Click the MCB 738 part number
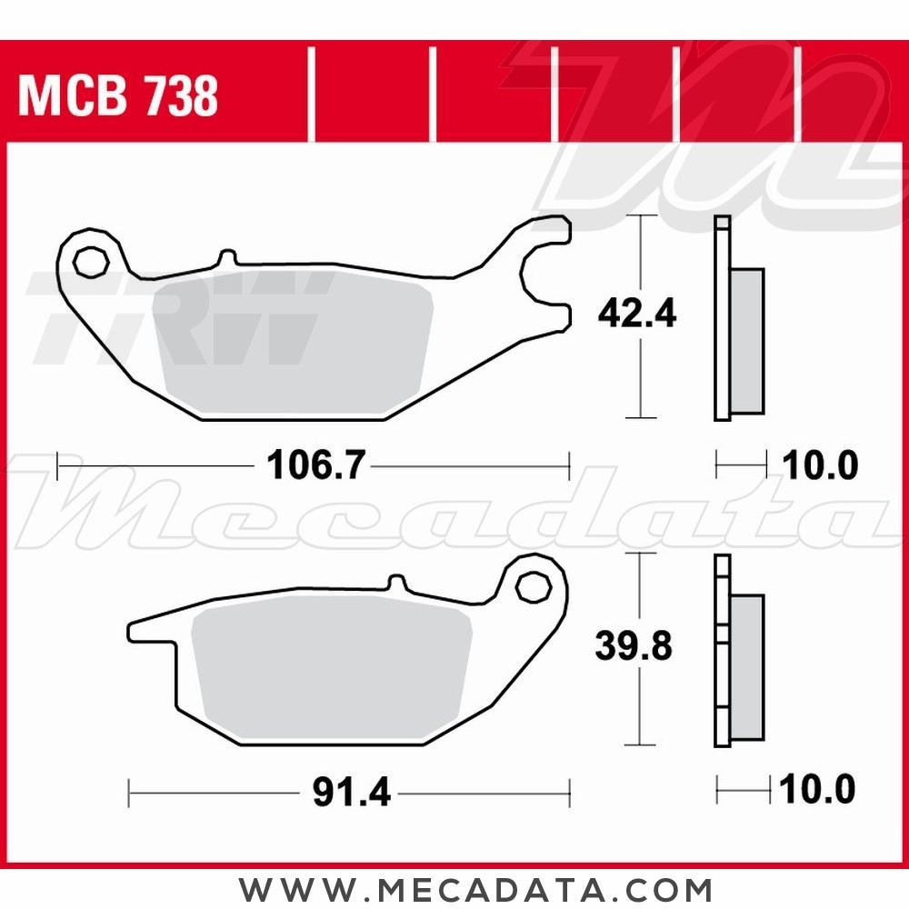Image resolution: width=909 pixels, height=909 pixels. click(x=118, y=95)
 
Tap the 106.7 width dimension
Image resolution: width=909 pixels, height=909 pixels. click(x=316, y=464)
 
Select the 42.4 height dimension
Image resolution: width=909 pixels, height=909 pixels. click(x=637, y=313)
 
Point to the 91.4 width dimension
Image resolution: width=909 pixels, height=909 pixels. click(x=351, y=792)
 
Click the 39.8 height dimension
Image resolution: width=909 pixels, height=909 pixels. click(x=634, y=645)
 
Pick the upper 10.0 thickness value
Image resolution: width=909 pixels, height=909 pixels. click(x=820, y=464)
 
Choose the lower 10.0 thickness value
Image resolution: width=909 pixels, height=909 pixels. click(x=817, y=789)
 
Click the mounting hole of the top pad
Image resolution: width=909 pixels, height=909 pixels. click(x=91, y=262)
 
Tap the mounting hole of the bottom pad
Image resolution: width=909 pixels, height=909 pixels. click(x=533, y=587)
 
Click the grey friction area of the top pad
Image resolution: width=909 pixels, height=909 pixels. click(x=294, y=342)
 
